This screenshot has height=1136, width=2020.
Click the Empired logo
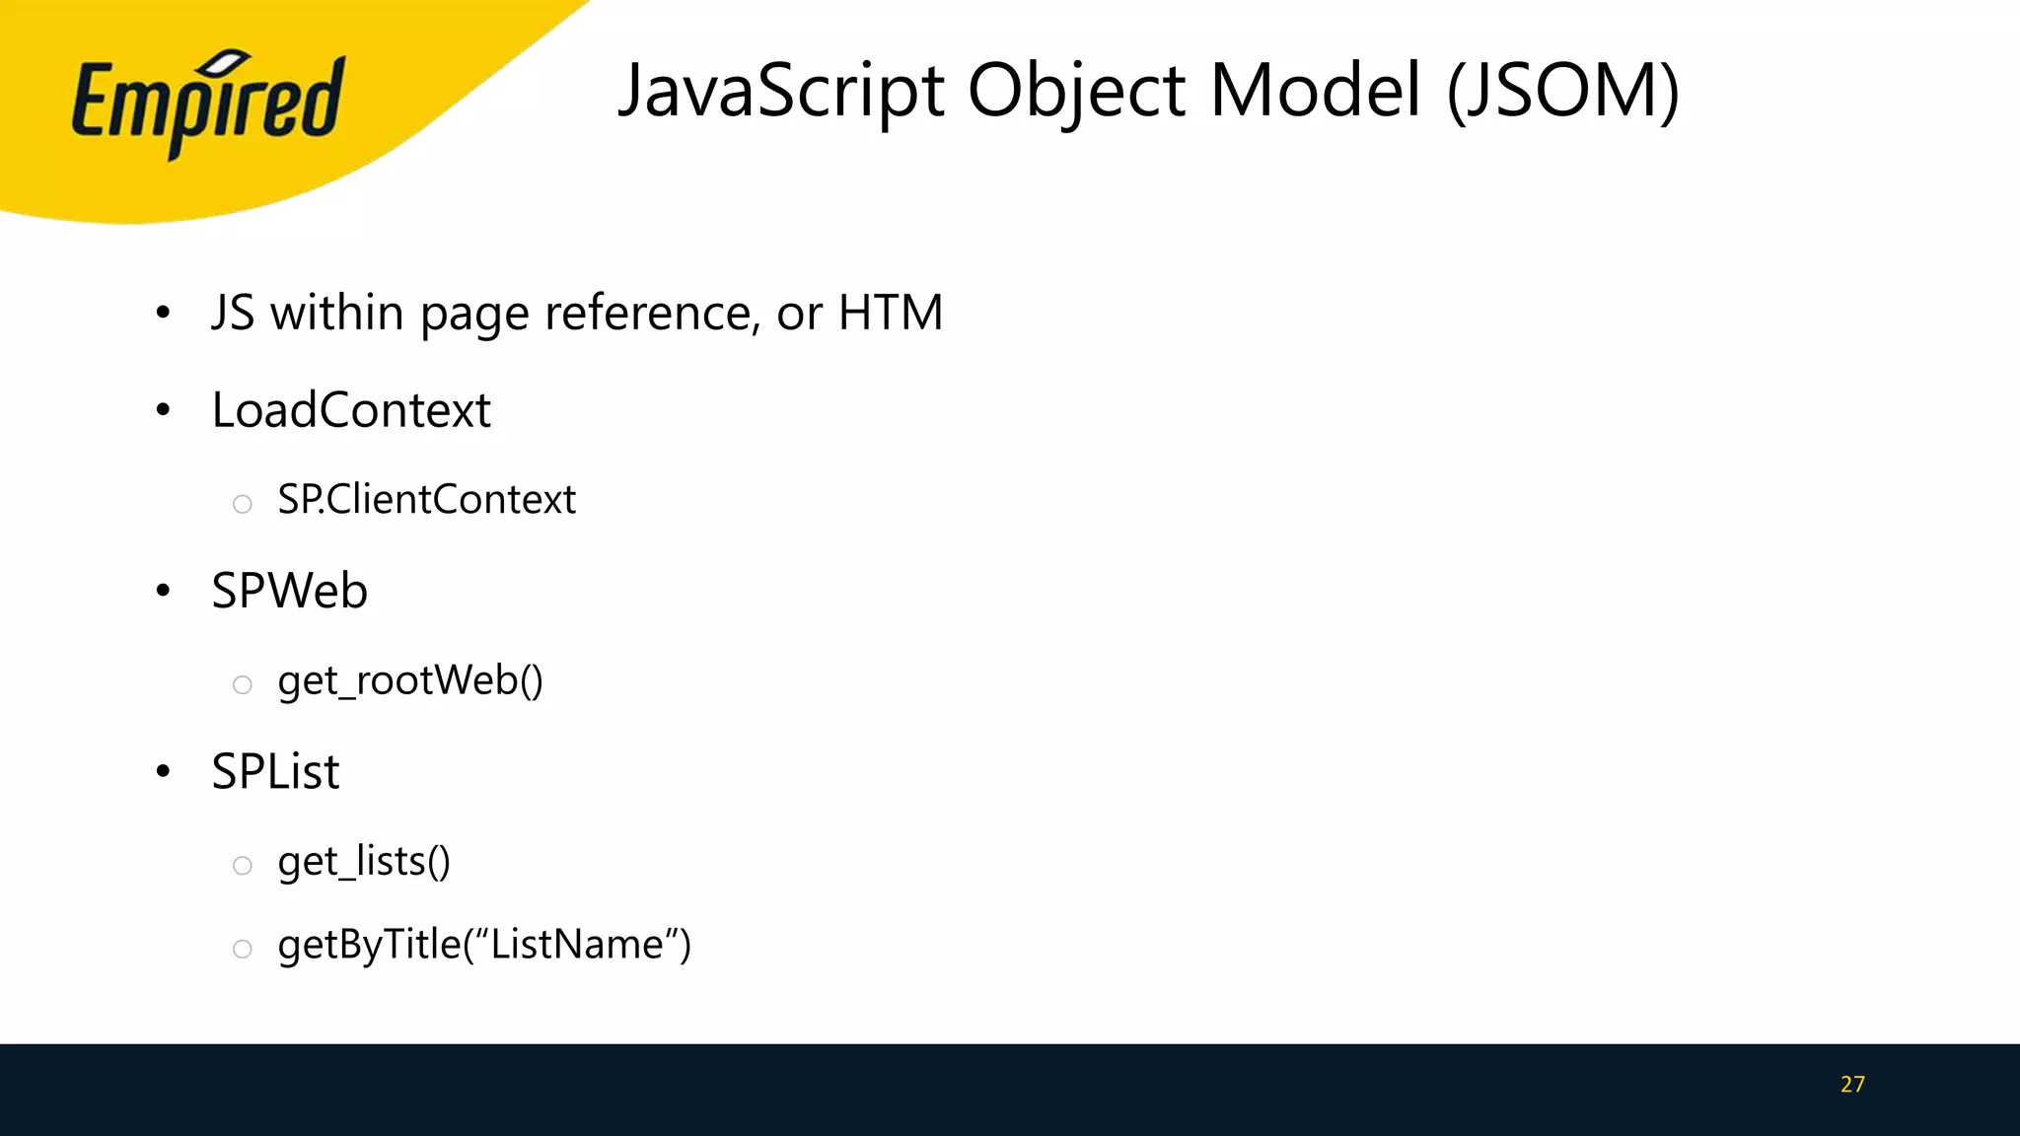[x=207, y=105]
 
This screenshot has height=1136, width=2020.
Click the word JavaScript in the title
[x=781, y=91]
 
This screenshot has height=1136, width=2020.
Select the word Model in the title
[x=1316, y=91]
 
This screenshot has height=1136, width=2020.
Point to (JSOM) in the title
[x=1562, y=91]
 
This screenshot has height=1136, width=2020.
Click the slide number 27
[x=1852, y=1085]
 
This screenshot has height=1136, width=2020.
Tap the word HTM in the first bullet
[x=890, y=313]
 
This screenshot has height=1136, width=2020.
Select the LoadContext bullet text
[x=351, y=410]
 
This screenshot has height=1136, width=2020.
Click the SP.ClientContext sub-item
[x=426, y=500]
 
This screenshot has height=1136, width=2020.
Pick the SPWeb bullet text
[x=289, y=591]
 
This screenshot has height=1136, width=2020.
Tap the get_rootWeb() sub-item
[x=410, y=680]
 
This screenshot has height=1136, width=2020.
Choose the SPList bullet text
[x=275, y=771]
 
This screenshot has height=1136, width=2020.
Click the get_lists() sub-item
[x=364, y=862]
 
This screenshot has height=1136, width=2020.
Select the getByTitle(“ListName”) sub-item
[x=484, y=945]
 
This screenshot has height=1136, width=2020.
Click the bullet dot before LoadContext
[x=164, y=410]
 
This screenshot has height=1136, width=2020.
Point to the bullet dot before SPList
[x=164, y=771]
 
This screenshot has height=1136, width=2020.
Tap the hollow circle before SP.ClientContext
[x=243, y=505]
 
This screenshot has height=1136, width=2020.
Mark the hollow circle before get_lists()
[x=243, y=866]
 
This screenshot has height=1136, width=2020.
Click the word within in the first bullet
[x=336, y=313]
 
